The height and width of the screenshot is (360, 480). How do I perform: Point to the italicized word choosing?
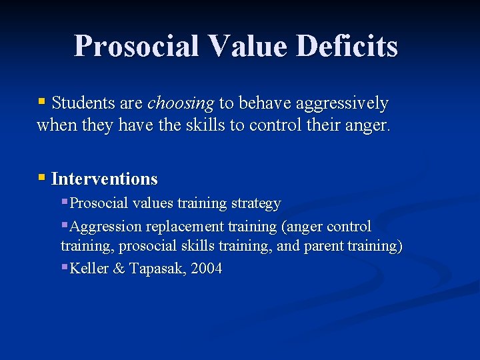pos(180,103)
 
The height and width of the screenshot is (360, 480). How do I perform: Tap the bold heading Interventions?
pos(104,179)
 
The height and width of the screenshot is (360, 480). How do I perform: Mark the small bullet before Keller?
pos(64,268)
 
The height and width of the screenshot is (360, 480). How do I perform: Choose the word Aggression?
pos(105,227)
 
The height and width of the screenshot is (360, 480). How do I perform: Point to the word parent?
pos(323,246)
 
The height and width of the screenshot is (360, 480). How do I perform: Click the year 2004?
pos(206,269)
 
